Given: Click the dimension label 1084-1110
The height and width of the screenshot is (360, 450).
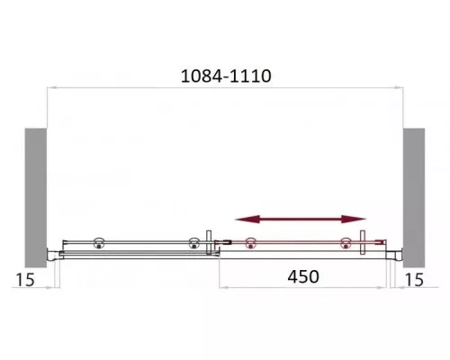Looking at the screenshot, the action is tap(226, 76).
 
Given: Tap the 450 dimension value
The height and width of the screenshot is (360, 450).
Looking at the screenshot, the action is tap(303, 276).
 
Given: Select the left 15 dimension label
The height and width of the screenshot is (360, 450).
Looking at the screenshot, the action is tap(25, 280).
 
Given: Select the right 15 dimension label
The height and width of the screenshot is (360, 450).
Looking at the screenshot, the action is tap(414, 280).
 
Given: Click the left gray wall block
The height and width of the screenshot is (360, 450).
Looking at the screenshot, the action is tap(36, 198).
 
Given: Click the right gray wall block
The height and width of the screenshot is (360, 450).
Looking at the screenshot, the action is tap(414, 198).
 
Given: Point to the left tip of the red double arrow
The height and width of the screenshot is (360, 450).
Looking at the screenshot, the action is tap(235, 220).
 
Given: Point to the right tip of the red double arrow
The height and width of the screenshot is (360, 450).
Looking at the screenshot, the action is tap(365, 219).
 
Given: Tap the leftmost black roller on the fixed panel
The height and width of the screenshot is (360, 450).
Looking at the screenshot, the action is tap(99, 243).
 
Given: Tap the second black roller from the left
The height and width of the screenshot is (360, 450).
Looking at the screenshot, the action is tap(193, 243).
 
